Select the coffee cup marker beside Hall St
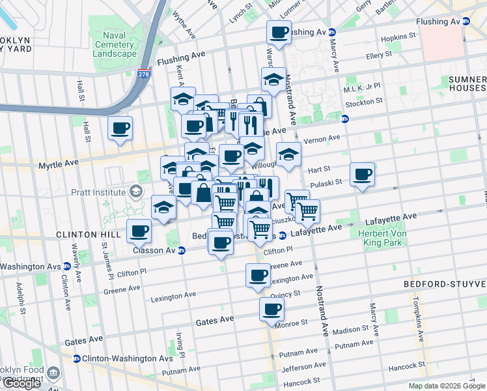[120, 129]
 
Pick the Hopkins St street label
[400, 38]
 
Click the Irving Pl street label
[179, 346]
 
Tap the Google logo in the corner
[21, 383]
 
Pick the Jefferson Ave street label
[303, 368]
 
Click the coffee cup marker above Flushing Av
[279, 33]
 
